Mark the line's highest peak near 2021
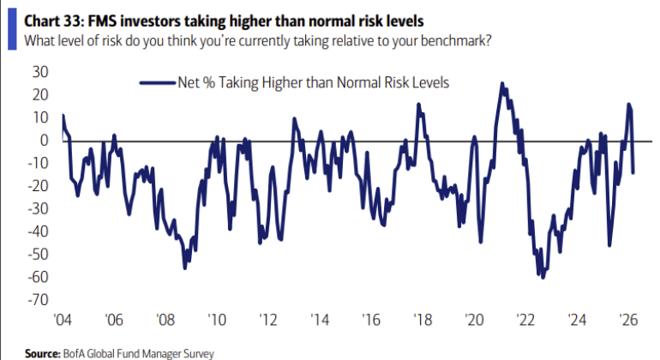point(501,84)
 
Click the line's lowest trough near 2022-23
point(543,278)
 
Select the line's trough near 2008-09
point(185,267)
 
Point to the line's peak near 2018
point(418,105)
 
